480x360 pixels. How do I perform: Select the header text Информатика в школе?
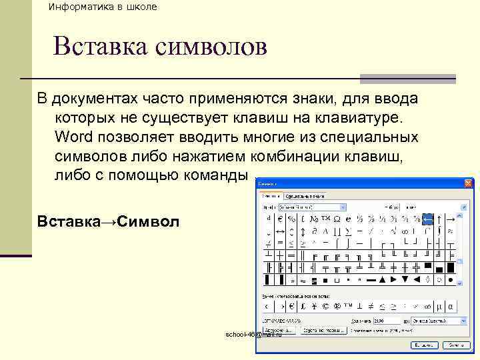103,7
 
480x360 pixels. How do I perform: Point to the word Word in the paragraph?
74,137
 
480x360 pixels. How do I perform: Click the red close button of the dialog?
469,183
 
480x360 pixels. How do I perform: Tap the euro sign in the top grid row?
280,219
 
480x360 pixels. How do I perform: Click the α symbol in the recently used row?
451,306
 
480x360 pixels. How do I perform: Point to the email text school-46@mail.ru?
254,334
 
